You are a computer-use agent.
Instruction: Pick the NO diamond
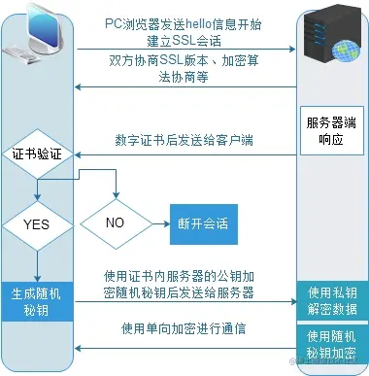114,222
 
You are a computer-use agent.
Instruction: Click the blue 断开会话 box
202,222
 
